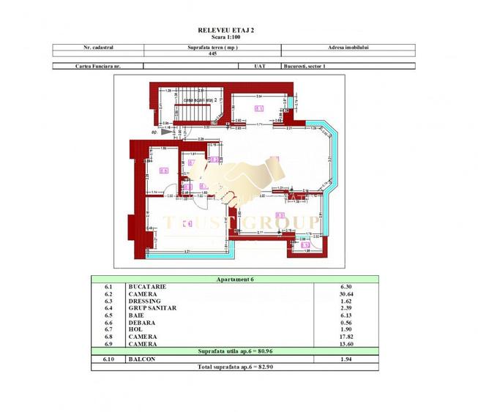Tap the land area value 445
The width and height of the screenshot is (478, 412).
tap(212, 53)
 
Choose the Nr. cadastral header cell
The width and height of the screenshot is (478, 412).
tap(99, 47)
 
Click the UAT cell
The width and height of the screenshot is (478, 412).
tap(258, 66)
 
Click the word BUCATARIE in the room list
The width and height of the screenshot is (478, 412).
tap(148, 287)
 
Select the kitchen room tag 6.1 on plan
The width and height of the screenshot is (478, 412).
tap(258, 108)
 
